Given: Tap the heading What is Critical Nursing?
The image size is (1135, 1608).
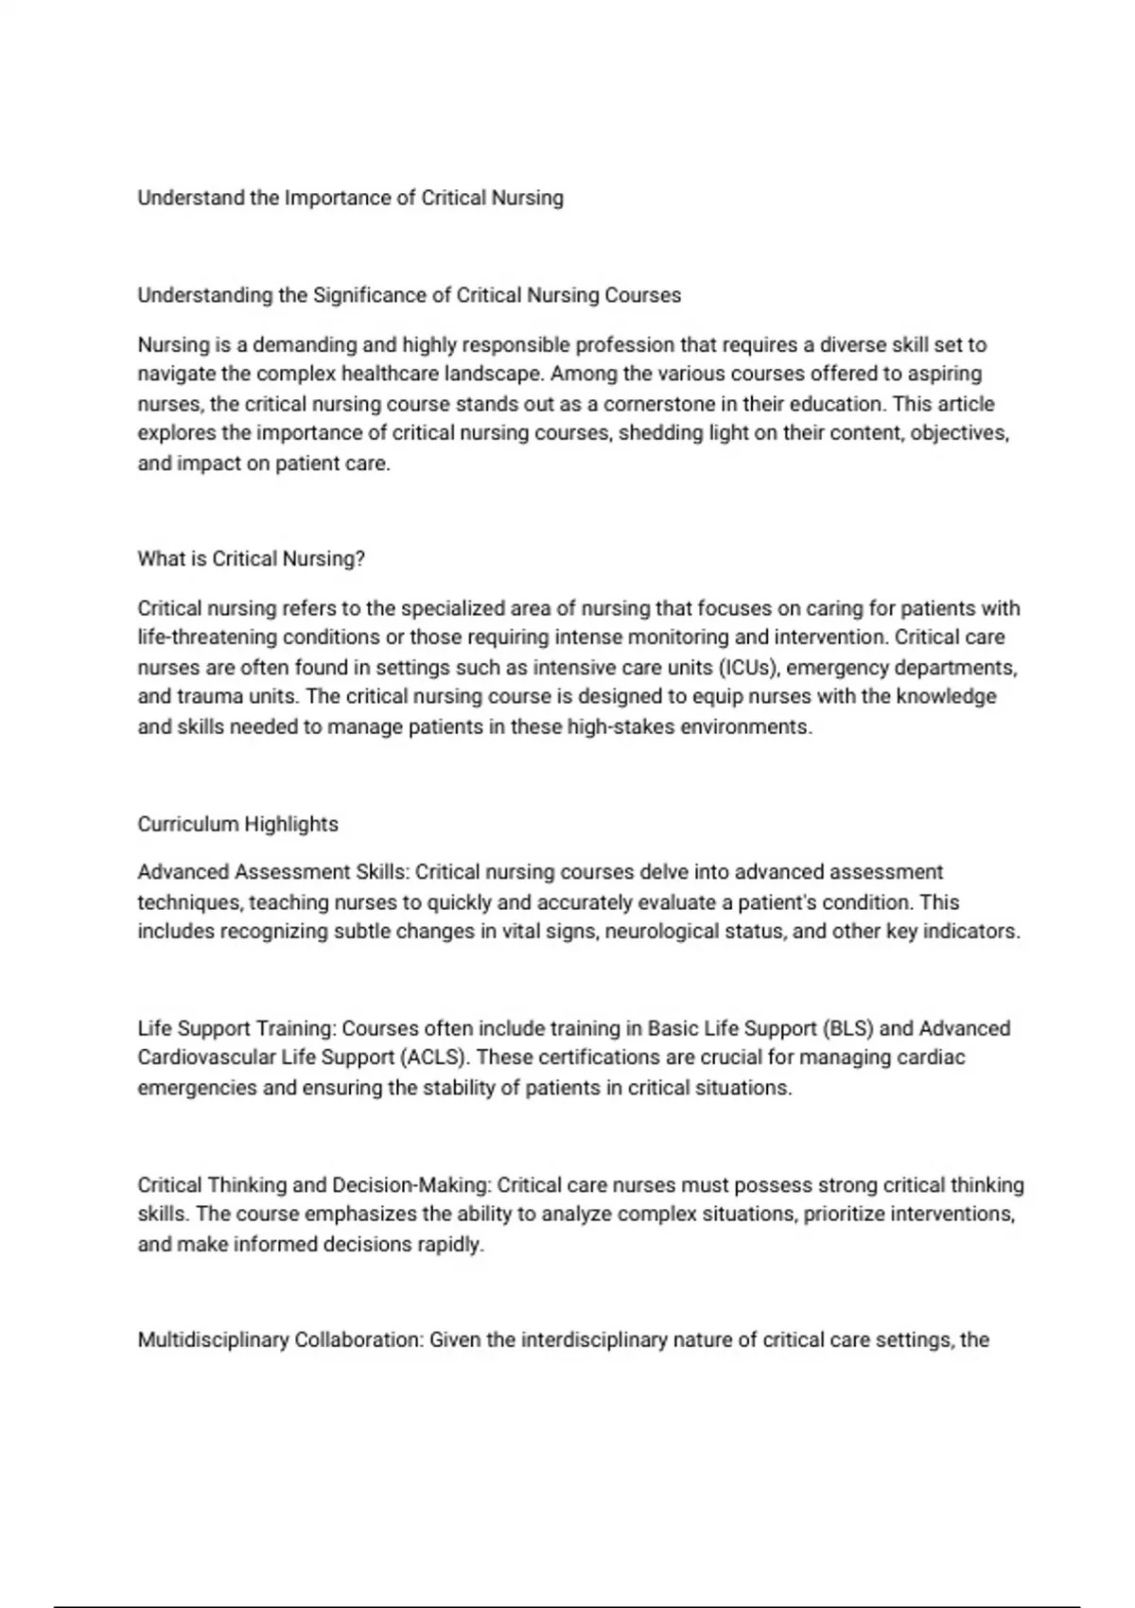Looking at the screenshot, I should point(251,559).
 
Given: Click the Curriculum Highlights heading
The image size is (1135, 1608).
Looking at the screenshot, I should point(237,824).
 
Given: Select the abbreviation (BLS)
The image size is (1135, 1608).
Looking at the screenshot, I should point(848,1028).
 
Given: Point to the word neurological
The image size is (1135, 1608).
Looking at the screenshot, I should point(661,932).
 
